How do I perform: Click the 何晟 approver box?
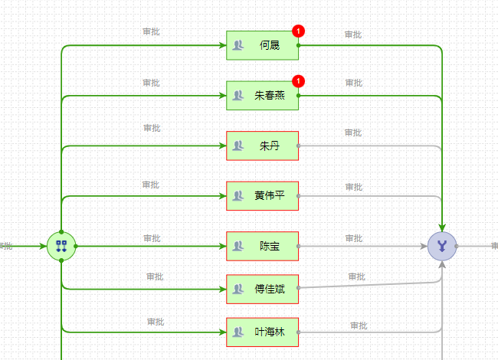pyautogui.click(x=262, y=45)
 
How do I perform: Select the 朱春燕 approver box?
pyautogui.click(x=262, y=96)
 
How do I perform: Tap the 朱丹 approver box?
pyautogui.click(x=262, y=146)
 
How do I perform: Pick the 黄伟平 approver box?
pyautogui.click(x=262, y=196)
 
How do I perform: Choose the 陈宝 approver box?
pyautogui.click(x=262, y=246)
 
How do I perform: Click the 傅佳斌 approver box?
pyautogui.click(x=262, y=290)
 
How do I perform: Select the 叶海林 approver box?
pyautogui.click(x=262, y=332)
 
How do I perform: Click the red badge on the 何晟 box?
pyautogui.click(x=298, y=31)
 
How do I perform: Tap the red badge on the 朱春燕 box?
pyautogui.click(x=298, y=81)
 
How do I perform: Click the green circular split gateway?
pyautogui.click(x=61, y=246)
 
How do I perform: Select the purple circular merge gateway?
pyautogui.click(x=442, y=246)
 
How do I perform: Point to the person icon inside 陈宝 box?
pyautogui.click(x=238, y=246)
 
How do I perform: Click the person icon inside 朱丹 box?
pyautogui.click(x=238, y=146)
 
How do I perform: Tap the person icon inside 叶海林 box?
pyautogui.click(x=238, y=332)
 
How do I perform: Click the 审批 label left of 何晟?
pyautogui.click(x=151, y=31)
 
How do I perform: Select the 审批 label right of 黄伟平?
pyautogui.click(x=354, y=187)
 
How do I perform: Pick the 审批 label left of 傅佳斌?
pyautogui.click(x=155, y=277)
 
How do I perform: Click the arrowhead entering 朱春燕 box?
pyautogui.click(x=223, y=96)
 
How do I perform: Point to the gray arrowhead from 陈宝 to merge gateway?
pyautogui.click(x=424, y=246)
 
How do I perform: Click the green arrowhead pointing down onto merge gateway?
pyautogui.click(x=442, y=228)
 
